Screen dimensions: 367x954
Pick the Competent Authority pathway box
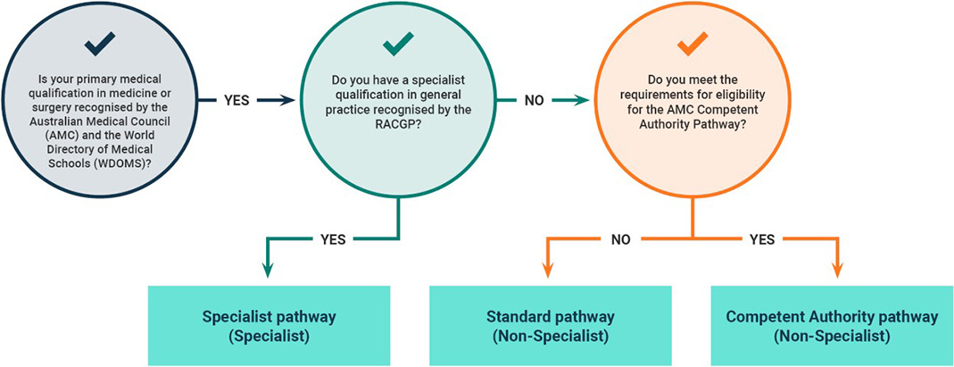tap(832, 326)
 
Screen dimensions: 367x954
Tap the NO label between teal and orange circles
tap(535, 101)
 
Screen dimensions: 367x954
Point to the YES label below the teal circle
tap(336, 238)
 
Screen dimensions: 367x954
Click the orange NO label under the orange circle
tap(621, 238)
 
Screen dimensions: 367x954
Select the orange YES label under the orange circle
tap(762, 238)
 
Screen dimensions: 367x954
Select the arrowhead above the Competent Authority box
tap(836, 271)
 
